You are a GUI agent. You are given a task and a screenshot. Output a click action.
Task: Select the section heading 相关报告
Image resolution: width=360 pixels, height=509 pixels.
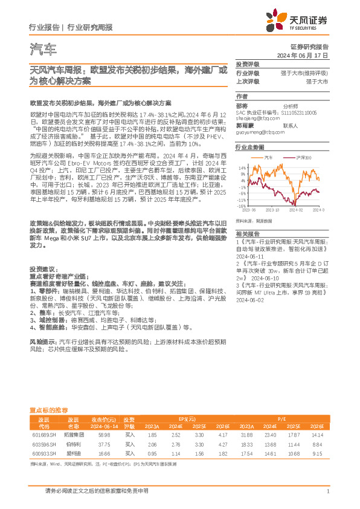248,233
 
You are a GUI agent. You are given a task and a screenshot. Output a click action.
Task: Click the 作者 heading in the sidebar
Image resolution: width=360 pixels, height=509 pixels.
242,96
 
